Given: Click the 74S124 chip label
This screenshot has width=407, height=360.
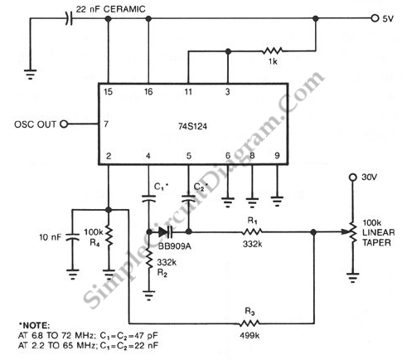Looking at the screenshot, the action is [192, 126].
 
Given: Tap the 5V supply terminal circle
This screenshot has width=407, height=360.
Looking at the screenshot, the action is [375, 18].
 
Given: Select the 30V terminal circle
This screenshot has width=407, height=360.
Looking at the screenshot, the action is [352, 178].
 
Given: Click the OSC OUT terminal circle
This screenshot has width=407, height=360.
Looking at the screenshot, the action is [64, 124].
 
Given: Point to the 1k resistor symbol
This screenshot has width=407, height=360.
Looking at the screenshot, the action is [272, 51].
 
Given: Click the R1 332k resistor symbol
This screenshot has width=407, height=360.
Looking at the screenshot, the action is [252, 231].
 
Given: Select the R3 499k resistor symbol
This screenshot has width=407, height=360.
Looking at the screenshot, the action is [250, 323].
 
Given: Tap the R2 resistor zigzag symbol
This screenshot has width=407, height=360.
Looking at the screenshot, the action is [149, 259].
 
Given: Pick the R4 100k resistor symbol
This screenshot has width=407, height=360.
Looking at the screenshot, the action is [109, 236].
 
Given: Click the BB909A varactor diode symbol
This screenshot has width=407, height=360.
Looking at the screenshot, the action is [166, 231].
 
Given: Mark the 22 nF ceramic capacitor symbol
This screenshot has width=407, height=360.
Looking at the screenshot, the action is [69, 18].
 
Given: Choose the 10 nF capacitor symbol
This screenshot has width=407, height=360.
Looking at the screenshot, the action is [72, 236].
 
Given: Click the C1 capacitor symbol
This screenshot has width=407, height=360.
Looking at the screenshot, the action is [148, 198].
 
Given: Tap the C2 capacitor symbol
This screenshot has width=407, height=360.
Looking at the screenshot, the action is [188, 198].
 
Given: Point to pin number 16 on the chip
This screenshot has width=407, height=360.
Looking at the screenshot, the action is [148, 91].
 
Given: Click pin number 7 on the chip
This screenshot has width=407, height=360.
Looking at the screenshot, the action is [106, 124].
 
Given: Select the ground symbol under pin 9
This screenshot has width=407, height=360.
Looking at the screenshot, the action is [277, 202].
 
